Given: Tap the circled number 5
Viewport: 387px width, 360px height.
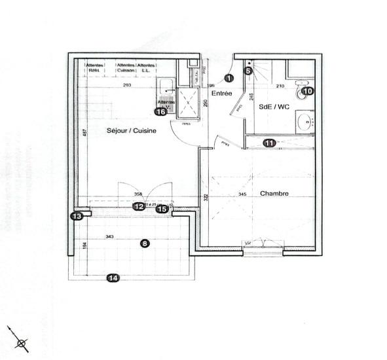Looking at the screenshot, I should click(249, 71).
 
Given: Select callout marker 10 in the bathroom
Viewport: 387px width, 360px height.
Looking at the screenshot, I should click(308, 92).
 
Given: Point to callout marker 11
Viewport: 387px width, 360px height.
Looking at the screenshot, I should click(269, 143).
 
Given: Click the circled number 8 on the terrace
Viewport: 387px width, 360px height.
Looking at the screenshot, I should click(145, 243).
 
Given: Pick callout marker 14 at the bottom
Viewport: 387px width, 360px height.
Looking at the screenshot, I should click(113, 278).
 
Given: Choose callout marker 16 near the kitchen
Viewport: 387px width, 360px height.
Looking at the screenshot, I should click(160, 111).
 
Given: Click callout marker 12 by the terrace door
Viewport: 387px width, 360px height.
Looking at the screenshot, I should click(139, 207).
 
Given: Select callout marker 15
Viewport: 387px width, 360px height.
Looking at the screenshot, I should click(161, 209).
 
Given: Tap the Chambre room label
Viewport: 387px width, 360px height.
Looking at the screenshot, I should click(274, 194).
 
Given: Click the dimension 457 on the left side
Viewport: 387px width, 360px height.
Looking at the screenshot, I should click(83, 133).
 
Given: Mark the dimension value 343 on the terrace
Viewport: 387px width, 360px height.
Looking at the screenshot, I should click(109, 236).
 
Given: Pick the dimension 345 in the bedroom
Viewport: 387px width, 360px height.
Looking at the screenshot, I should click(242, 194).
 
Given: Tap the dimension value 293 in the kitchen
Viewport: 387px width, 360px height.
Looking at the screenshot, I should click(127, 86).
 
